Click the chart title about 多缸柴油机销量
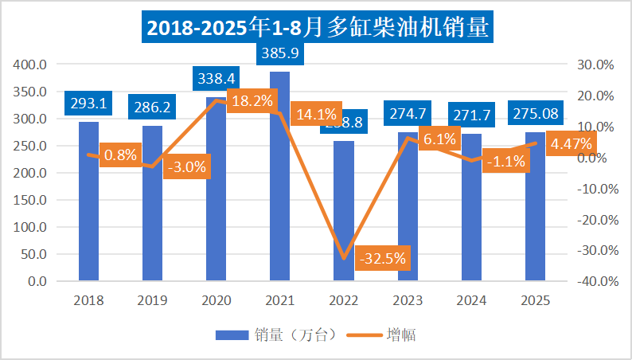point(316,28)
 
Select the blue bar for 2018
point(88,207)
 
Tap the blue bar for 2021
point(279,183)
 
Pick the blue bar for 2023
point(407,215)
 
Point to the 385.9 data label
point(279,53)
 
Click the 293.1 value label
point(88,104)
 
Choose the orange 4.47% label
point(570,144)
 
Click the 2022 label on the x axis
point(343,301)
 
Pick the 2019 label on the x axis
point(152,301)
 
